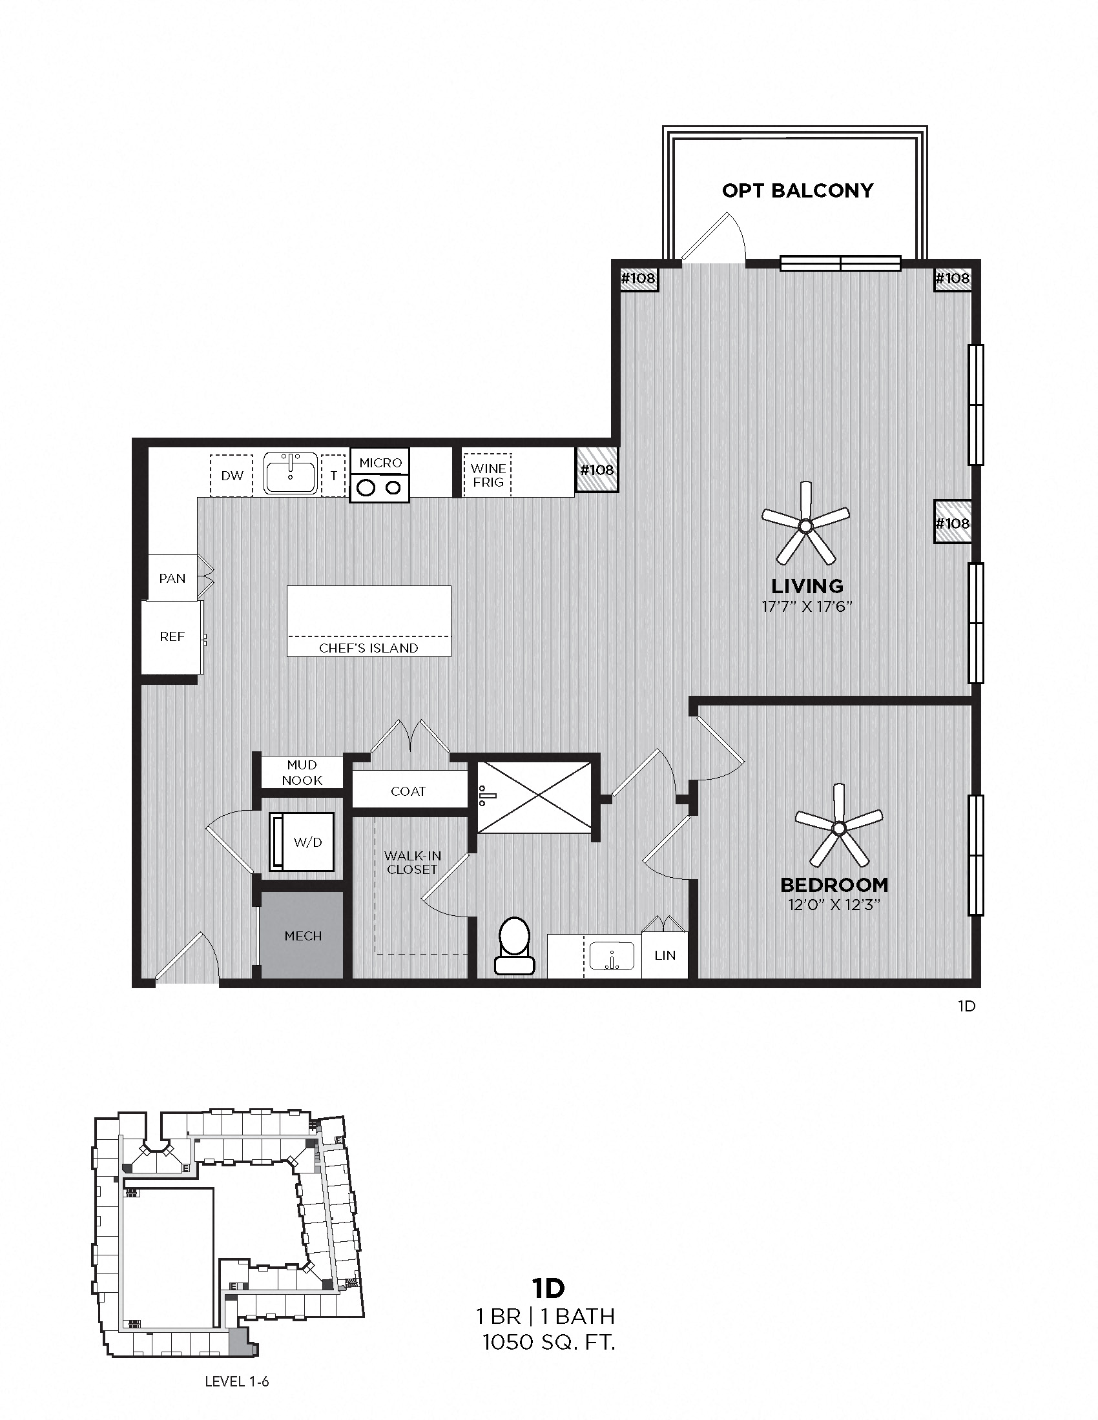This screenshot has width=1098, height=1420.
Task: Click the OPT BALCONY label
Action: click(x=798, y=190)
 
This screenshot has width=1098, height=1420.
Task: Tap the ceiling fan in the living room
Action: click(x=805, y=524)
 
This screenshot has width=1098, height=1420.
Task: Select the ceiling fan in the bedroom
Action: click(x=838, y=827)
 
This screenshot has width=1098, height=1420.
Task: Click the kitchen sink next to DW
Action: click(x=290, y=474)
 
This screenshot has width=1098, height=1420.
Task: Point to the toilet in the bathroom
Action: click(x=515, y=946)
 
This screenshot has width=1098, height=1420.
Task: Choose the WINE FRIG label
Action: click(x=488, y=475)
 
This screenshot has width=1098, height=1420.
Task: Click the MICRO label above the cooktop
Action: click(x=380, y=462)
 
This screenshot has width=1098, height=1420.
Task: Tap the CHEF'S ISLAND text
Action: click(x=368, y=648)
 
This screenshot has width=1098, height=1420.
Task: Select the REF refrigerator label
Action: click(x=172, y=636)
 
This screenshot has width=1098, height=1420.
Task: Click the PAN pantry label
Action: click(x=172, y=578)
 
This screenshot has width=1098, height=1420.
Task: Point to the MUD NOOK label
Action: click(x=302, y=773)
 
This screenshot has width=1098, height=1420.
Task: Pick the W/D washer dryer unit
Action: click(x=302, y=842)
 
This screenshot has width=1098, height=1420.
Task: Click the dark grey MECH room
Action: click(x=302, y=937)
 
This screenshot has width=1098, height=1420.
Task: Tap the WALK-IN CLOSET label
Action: click(x=412, y=863)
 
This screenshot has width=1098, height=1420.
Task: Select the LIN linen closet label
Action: click(x=665, y=955)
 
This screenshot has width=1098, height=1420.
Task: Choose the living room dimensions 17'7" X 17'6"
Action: click(x=807, y=607)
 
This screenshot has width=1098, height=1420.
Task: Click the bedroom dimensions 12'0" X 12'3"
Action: click(x=833, y=904)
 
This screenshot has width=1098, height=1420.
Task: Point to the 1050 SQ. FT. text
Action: click(x=548, y=1342)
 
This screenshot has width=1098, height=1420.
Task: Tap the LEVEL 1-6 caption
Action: click(x=236, y=1382)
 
